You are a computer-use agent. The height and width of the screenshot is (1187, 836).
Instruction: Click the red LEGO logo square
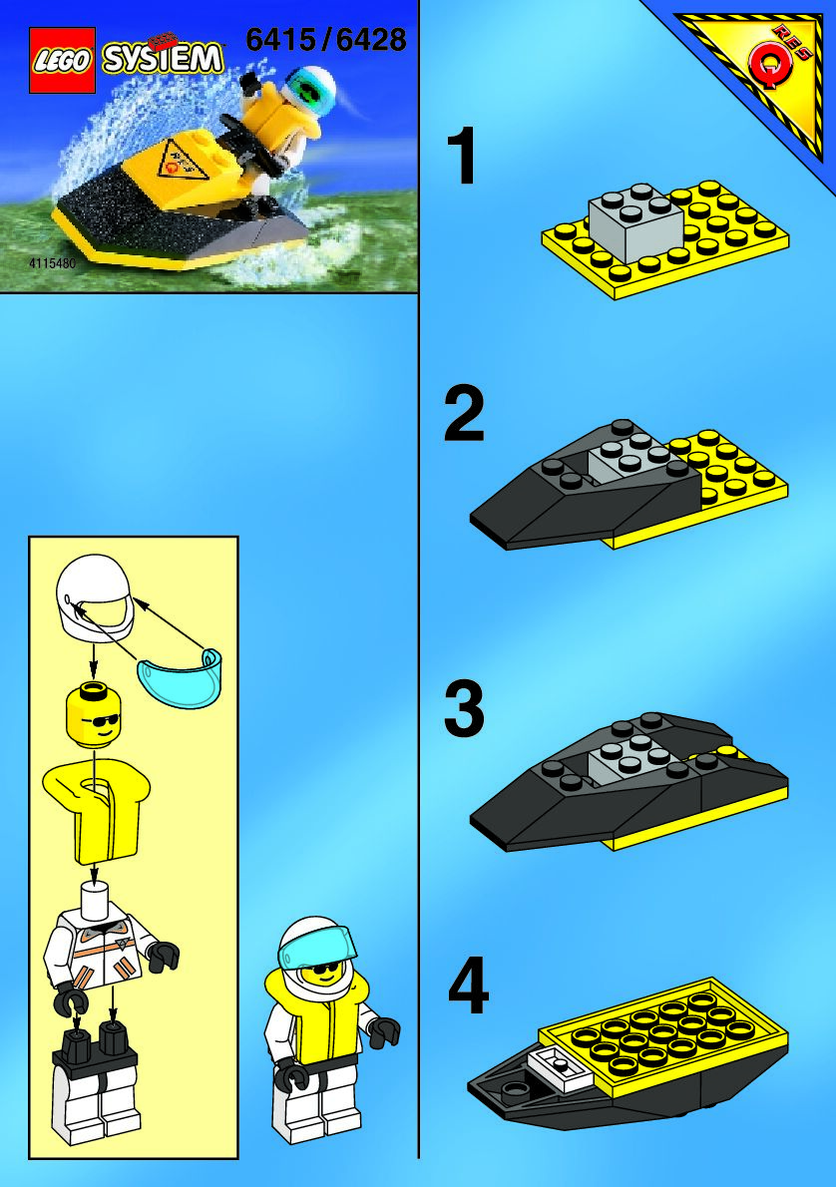62,60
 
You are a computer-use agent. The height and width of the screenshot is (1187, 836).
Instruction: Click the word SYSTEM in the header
164,58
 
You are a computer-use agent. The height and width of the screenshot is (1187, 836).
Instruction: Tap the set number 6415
281,39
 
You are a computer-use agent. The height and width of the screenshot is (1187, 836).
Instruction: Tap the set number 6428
370,39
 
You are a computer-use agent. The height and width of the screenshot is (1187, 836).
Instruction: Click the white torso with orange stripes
111,953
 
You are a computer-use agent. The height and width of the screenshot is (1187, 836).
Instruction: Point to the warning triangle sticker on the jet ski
181,162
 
